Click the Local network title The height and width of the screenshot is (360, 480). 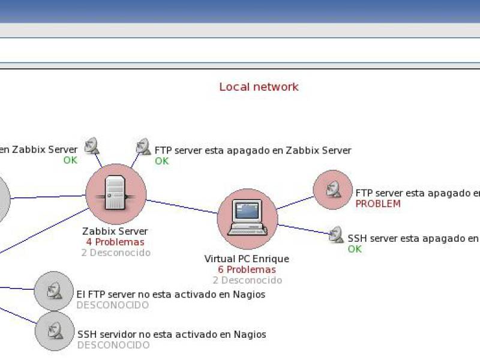pyautogui.click(x=259, y=87)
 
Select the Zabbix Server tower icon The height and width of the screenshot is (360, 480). pyautogui.click(x=115, y=193)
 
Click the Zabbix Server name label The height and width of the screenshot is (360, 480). pyautogui.click(x=115, y=232)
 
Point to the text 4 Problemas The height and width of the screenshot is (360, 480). pyautogui.click(x=115, y=242)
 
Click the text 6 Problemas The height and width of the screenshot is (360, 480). pyautogui.click(x=247, y=270)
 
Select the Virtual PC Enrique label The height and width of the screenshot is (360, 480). pyautogui.click(x=247, y=259)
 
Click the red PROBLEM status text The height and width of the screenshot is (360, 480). pyautogui.click(x=378, y=204)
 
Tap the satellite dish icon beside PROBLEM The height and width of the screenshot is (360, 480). pyautogui.click(x=332, y=190)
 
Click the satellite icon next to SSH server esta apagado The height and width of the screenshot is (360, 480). pyautogui.click(x=336, y=235)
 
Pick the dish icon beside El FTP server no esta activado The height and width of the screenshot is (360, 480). pyautogui.click(x=54, y=291)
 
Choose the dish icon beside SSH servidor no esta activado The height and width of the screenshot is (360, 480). pyautogui.click(x=54, y=331)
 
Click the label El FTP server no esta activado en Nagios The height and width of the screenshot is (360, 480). pyautogui.click(x=171, y=295)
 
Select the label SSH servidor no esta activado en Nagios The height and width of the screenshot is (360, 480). pyautogui.click(x=172, y=334)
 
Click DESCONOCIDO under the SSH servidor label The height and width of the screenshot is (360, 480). pyautogui.click(x=113, y=345)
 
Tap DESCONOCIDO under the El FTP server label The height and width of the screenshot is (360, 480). pyautogui.click(x=113, y=305)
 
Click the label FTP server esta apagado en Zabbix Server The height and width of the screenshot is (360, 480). pyautogui.click(x=253, y=151)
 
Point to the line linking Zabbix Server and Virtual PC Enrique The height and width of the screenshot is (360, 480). pyautogui.click(x=181, y=206)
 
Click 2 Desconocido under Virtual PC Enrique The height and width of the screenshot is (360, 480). pyautogui.click(x=247, y=280)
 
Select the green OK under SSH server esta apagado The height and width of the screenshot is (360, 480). pyautogui.click(x=355, y=249)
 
